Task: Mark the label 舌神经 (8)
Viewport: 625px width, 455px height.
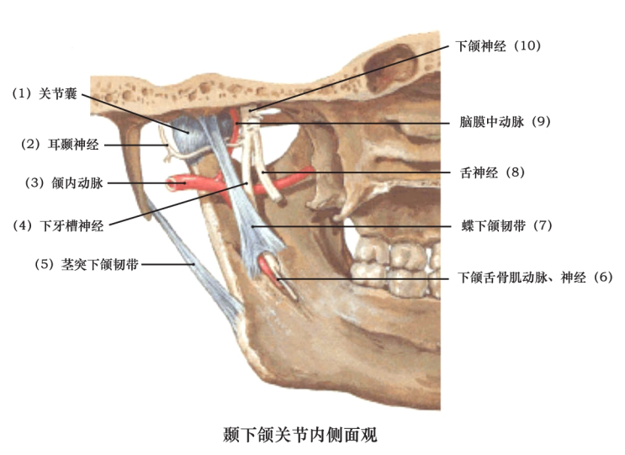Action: coord(493,172)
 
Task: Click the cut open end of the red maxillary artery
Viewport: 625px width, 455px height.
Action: coord(173,181)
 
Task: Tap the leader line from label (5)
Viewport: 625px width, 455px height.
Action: coord(168,264)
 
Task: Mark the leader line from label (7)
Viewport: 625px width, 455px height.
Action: coord(353,227)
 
